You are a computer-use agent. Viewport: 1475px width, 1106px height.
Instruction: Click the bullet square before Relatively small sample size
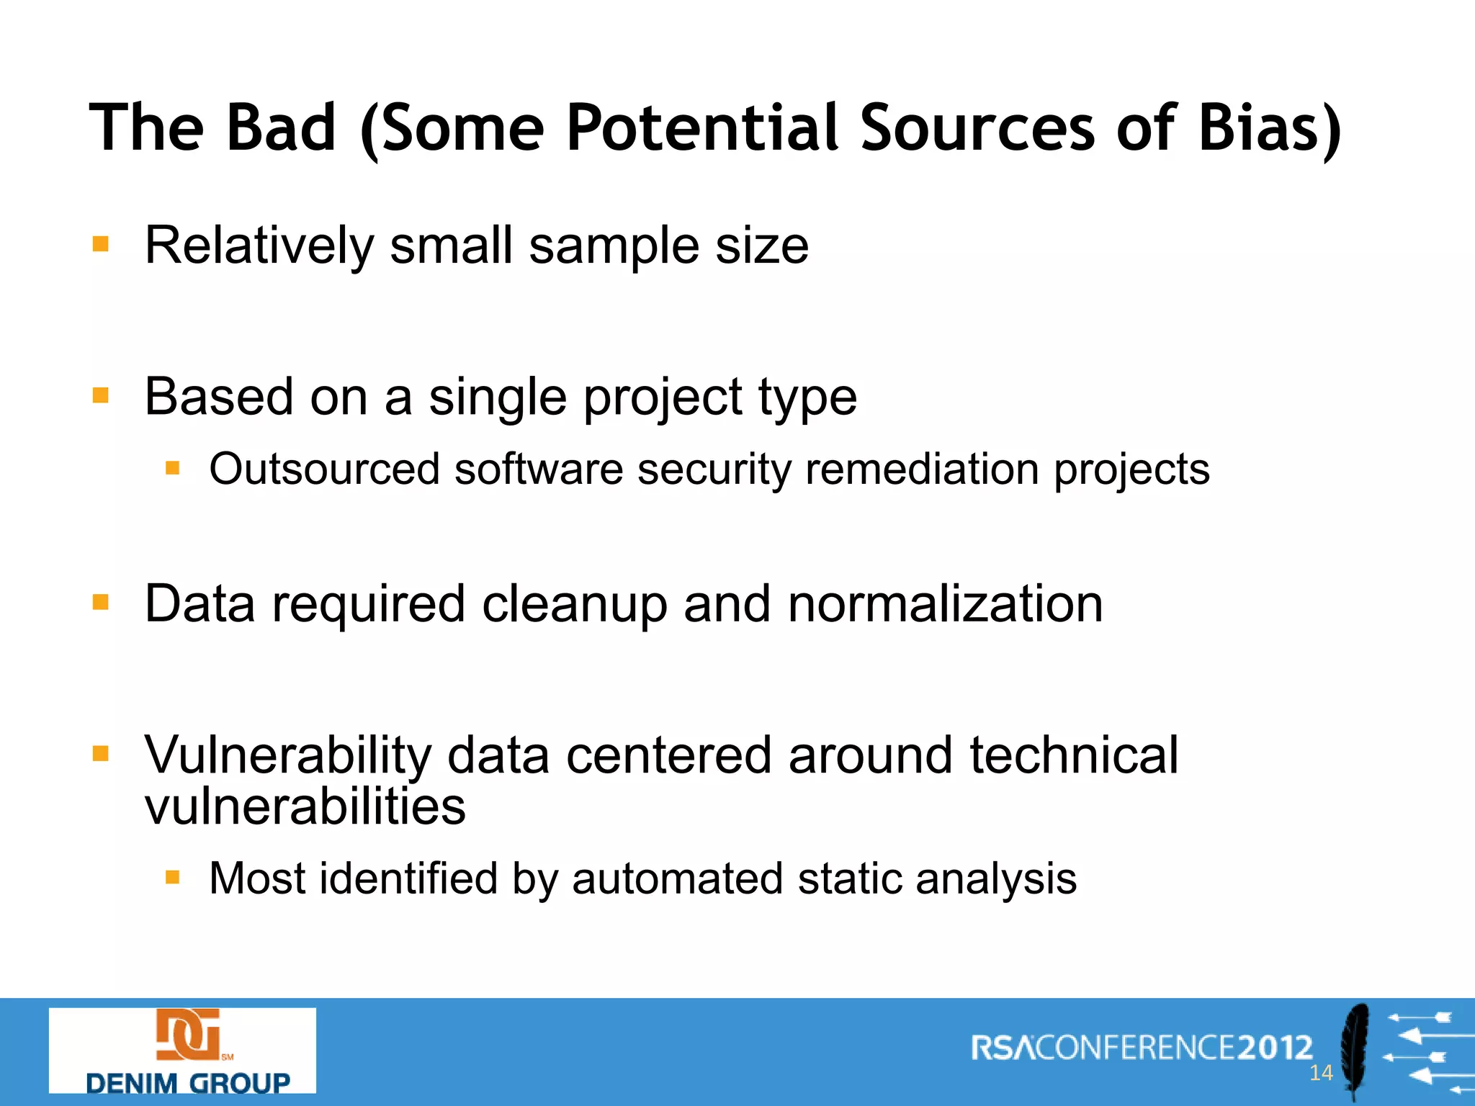coord(101,244)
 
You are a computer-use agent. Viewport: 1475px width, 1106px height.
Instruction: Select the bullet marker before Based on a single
coord(101,395)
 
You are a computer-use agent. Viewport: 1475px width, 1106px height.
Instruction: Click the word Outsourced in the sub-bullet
coord(324,469)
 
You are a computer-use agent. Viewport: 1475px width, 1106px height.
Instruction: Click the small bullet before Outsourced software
coord(172,469)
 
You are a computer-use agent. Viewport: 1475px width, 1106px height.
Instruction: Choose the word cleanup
coord(574,605)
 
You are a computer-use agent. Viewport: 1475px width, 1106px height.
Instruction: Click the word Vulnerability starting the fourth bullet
coord(288,756)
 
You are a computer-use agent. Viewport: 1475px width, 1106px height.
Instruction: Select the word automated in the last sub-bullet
coord(677,878)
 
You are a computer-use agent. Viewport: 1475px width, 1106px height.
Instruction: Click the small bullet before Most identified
coord(172,877)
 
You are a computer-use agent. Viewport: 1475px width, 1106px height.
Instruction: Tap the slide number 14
coord(1321,1073)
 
